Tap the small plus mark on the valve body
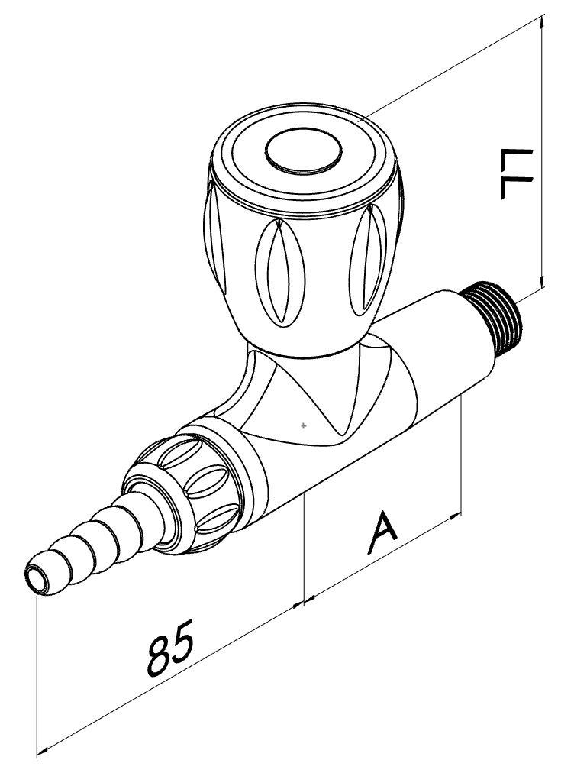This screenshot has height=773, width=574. [304, 425]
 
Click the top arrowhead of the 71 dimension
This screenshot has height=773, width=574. [543, 22]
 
